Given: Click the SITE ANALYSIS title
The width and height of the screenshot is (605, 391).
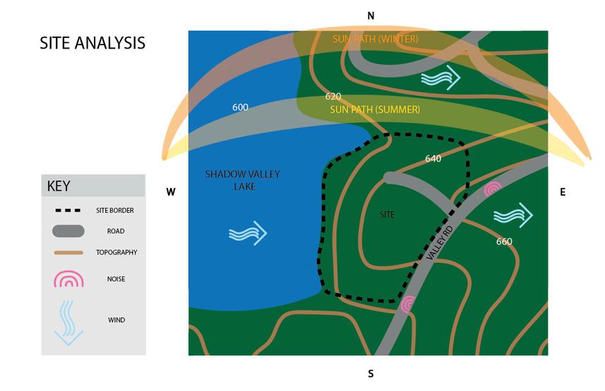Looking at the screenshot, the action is [x=92, y=43].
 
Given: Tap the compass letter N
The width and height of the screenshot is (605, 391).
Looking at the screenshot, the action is [x=371, y=15].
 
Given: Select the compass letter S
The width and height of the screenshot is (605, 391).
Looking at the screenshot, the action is [x=371, y=373].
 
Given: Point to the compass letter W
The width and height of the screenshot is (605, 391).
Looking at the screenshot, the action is [x=170, y=192].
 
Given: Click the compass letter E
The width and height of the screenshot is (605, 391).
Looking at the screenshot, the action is [x=563, y=192].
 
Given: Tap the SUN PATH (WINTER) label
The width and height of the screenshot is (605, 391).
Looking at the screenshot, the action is [x=375, y=38].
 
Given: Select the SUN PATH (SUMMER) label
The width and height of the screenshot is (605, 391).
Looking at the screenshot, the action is [x=375, y=110].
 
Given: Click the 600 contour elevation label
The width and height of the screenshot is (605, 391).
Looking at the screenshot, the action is [x=240, y=107].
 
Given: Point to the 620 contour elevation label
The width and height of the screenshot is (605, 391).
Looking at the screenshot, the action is [x=333, y=96].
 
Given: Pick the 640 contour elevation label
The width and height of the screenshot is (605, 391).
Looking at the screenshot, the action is [x=433, y=159].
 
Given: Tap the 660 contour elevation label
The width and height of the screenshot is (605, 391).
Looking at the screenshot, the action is [x=504, y=242].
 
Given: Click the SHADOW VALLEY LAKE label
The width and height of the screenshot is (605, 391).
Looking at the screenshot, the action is [x=230, y=180].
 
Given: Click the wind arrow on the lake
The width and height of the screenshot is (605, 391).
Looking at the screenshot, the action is [x=248, y=233].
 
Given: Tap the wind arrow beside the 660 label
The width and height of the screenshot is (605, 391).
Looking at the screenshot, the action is [x=513, y=214].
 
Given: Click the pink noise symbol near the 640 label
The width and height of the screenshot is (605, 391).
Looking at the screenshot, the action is [x=492, y=189].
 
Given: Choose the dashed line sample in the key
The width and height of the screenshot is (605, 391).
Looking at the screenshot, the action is [x=68, y=210].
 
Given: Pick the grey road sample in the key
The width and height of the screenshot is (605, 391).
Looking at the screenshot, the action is [x=68, y=230].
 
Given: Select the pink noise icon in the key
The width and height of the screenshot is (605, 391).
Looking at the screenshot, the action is [x=68, y=279].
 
